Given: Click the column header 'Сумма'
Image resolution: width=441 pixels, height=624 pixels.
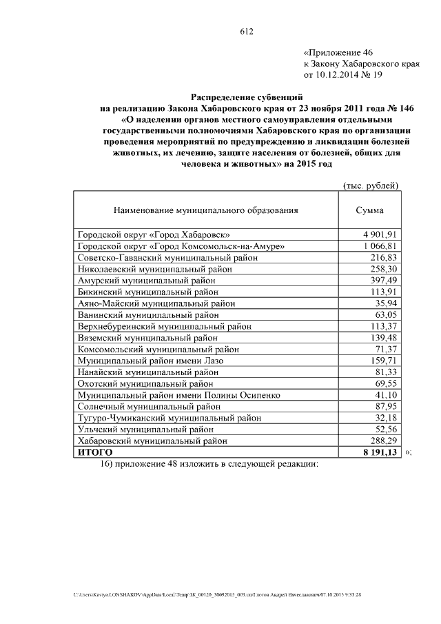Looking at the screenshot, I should tap(369, 211).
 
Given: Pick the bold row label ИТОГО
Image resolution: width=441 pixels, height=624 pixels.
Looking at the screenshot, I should tap(95, 452).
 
